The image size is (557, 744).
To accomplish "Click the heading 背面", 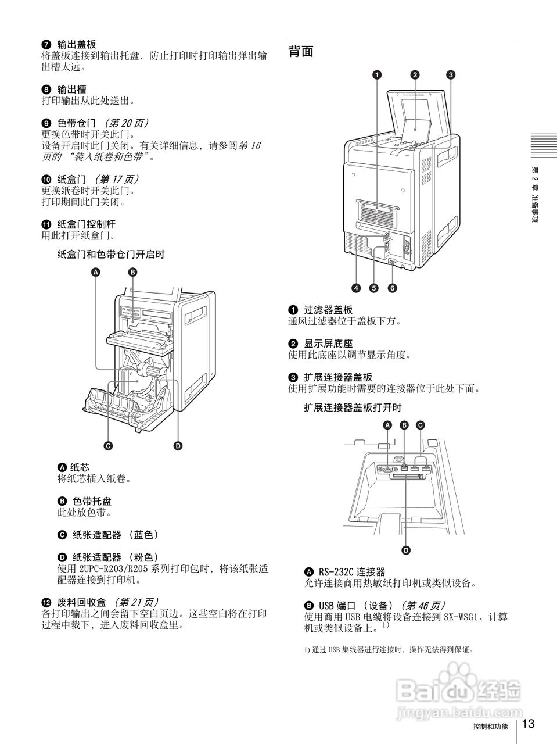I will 301,52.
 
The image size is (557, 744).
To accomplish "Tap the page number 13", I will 527,724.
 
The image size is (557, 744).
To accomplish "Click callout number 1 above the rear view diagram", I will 377,74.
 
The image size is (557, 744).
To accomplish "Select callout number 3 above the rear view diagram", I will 451,74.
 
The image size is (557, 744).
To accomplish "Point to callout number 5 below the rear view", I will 374,288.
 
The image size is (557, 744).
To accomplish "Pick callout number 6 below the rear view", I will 393,288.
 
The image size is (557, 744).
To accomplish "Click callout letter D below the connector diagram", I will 406,549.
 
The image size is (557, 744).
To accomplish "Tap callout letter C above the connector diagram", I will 420,425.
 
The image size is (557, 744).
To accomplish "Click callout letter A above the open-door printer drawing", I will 96,272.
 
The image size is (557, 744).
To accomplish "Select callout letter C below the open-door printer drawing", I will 108,446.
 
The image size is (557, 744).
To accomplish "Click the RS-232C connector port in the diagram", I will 385,468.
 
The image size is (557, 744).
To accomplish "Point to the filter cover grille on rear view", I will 376,213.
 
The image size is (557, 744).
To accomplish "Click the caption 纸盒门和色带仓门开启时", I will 111,254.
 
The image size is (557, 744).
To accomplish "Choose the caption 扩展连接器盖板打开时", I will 353,407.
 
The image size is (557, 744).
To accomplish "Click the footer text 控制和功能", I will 490,727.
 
